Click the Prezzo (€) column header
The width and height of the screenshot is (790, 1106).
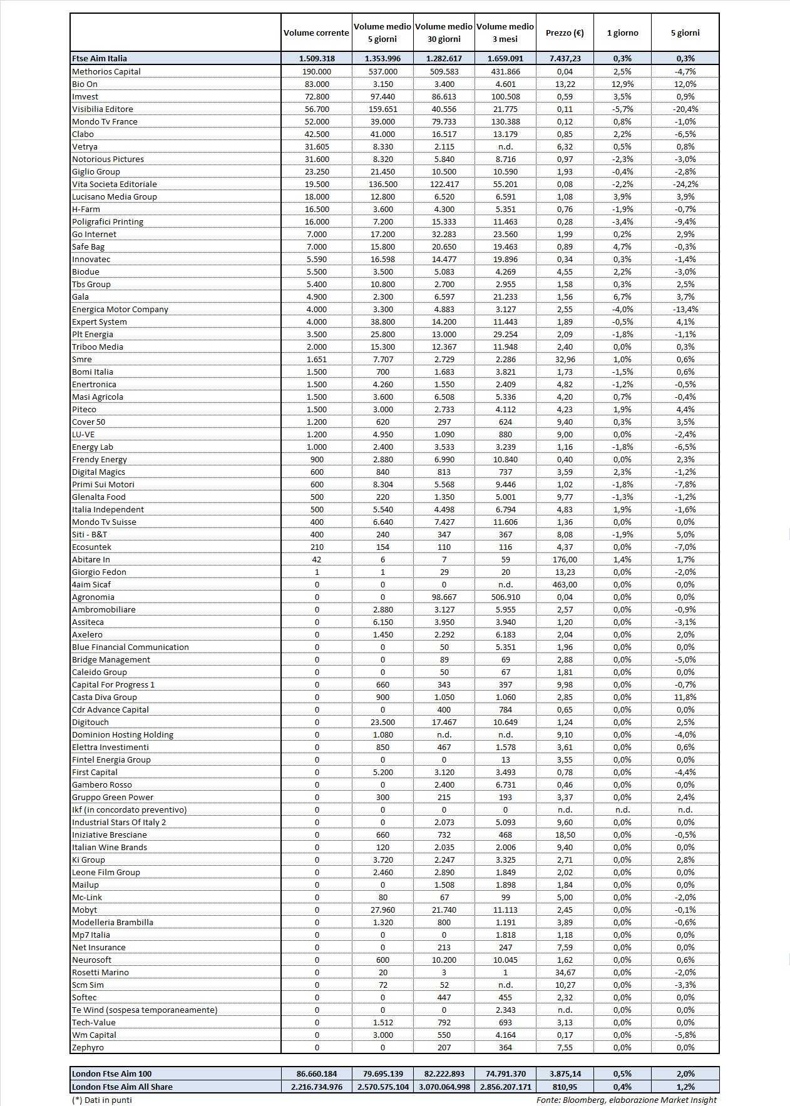tap(565, 33)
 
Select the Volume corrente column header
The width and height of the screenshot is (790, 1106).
tap(316, 33)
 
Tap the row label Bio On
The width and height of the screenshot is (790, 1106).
tap(85, 84)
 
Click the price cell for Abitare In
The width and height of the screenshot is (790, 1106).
tap(565, 559)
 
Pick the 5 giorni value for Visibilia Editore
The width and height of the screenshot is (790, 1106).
tap(685, 109)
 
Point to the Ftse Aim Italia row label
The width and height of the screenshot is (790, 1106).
tap(100, 58)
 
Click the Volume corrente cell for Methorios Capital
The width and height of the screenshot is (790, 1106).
tap(317, 71)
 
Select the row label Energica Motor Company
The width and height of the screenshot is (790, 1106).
tap(120, 309)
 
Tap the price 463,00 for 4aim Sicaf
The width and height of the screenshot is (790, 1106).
tap(565, 584)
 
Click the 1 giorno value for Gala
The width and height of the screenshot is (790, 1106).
tap(622, 297)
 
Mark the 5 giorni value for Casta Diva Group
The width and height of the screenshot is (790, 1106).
tap(685, 697)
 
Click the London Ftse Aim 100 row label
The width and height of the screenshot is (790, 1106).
tap(111, 1073)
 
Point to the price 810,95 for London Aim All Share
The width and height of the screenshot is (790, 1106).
tap(565, 1087)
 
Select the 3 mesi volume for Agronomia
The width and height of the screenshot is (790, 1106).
tap(505, 597)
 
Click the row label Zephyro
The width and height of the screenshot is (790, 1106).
tap(88, 1047)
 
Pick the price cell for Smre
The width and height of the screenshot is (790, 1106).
tap(565, 359)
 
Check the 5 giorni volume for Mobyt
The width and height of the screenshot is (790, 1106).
tap(382, 910)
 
